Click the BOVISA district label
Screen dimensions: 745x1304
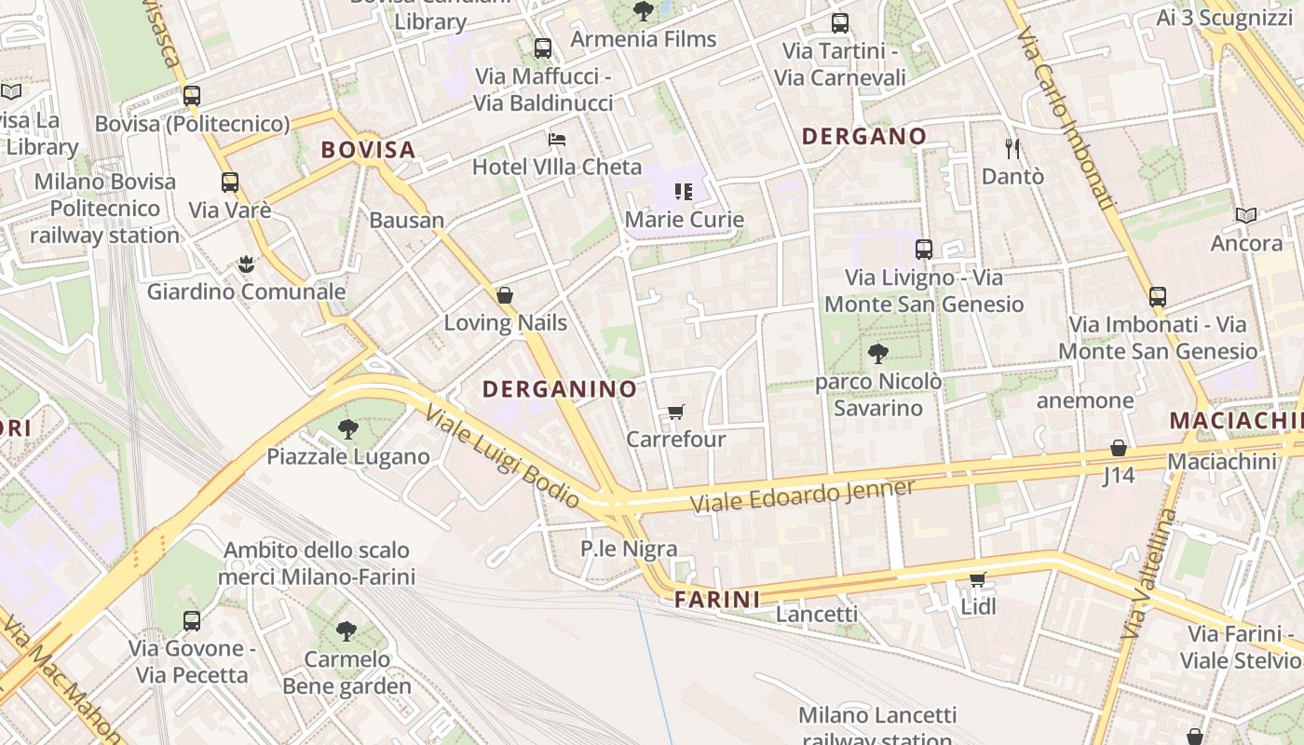pos(368,150)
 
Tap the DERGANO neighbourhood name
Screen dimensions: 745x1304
pos(864,137)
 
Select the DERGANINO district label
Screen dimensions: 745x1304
pos(560,389)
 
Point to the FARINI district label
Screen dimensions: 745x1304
pos(717,599)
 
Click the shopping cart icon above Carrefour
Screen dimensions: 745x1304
pos(676,412)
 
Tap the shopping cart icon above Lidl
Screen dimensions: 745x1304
pos(977,580)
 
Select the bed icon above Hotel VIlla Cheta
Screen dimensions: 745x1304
pos(557,140)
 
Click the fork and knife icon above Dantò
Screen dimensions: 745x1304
pos(1012,148)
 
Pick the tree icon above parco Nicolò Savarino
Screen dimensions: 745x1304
pos(877,354)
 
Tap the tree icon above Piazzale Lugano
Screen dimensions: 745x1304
pos(348,429)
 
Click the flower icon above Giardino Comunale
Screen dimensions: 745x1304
pos(246,264)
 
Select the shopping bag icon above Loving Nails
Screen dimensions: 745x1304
pos(505,295)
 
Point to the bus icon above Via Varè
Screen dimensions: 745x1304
pos(230,183)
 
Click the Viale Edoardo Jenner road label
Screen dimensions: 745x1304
pos(802,494)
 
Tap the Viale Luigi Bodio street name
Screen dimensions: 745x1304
pos(502,458)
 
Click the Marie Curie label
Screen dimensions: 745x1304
pos(685,220)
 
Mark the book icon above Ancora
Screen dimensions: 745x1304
pos(1246,216)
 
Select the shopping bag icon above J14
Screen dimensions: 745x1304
pos(1119,448)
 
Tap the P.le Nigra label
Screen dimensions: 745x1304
pos(629,549)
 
